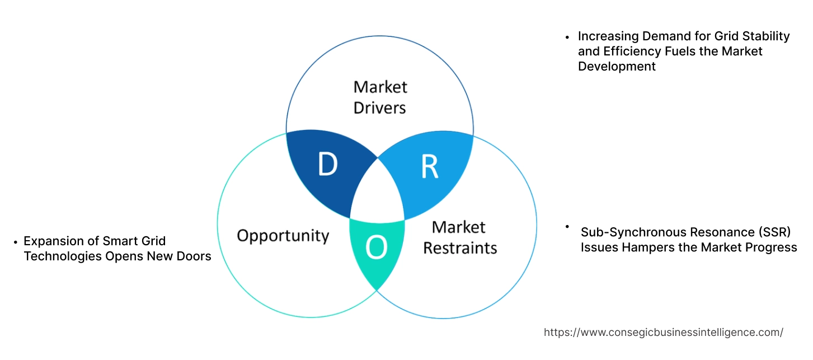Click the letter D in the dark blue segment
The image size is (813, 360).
pyautogui.click(x=327, y=164)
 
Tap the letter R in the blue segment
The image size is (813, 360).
pyautogui.click(x=429, y=166)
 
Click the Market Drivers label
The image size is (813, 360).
pyautogui.click(x=380, y=97)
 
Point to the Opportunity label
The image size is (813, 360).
pyautogui.click(x=283, y=235)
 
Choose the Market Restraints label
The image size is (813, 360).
pyautogui.click(x=459, y=237)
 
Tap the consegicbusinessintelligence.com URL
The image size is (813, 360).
pyautogui.click(x=663, y=332)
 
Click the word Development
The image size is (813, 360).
pyautogui.click(x=617, y=66)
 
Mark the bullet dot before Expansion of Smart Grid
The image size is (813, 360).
pyautogui.click(x=15, y=242)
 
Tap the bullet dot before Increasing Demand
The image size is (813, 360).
pyautogui.click(x=567, y=37)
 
